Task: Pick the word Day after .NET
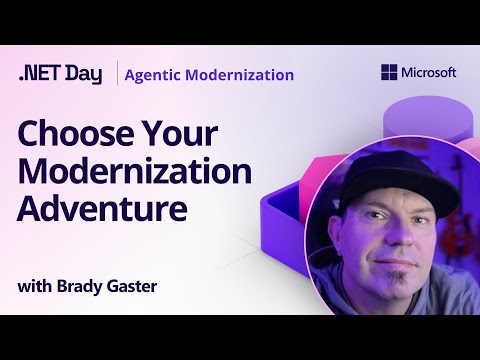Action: click(x=84, y=74)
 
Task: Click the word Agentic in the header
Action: click(x=160, y=74)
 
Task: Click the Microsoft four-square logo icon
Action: click(x=388, y=73)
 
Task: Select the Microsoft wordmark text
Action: click(x=428, y=73)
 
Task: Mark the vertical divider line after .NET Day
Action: click(x=117, y=74)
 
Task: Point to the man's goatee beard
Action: click(x=397, y=280)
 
